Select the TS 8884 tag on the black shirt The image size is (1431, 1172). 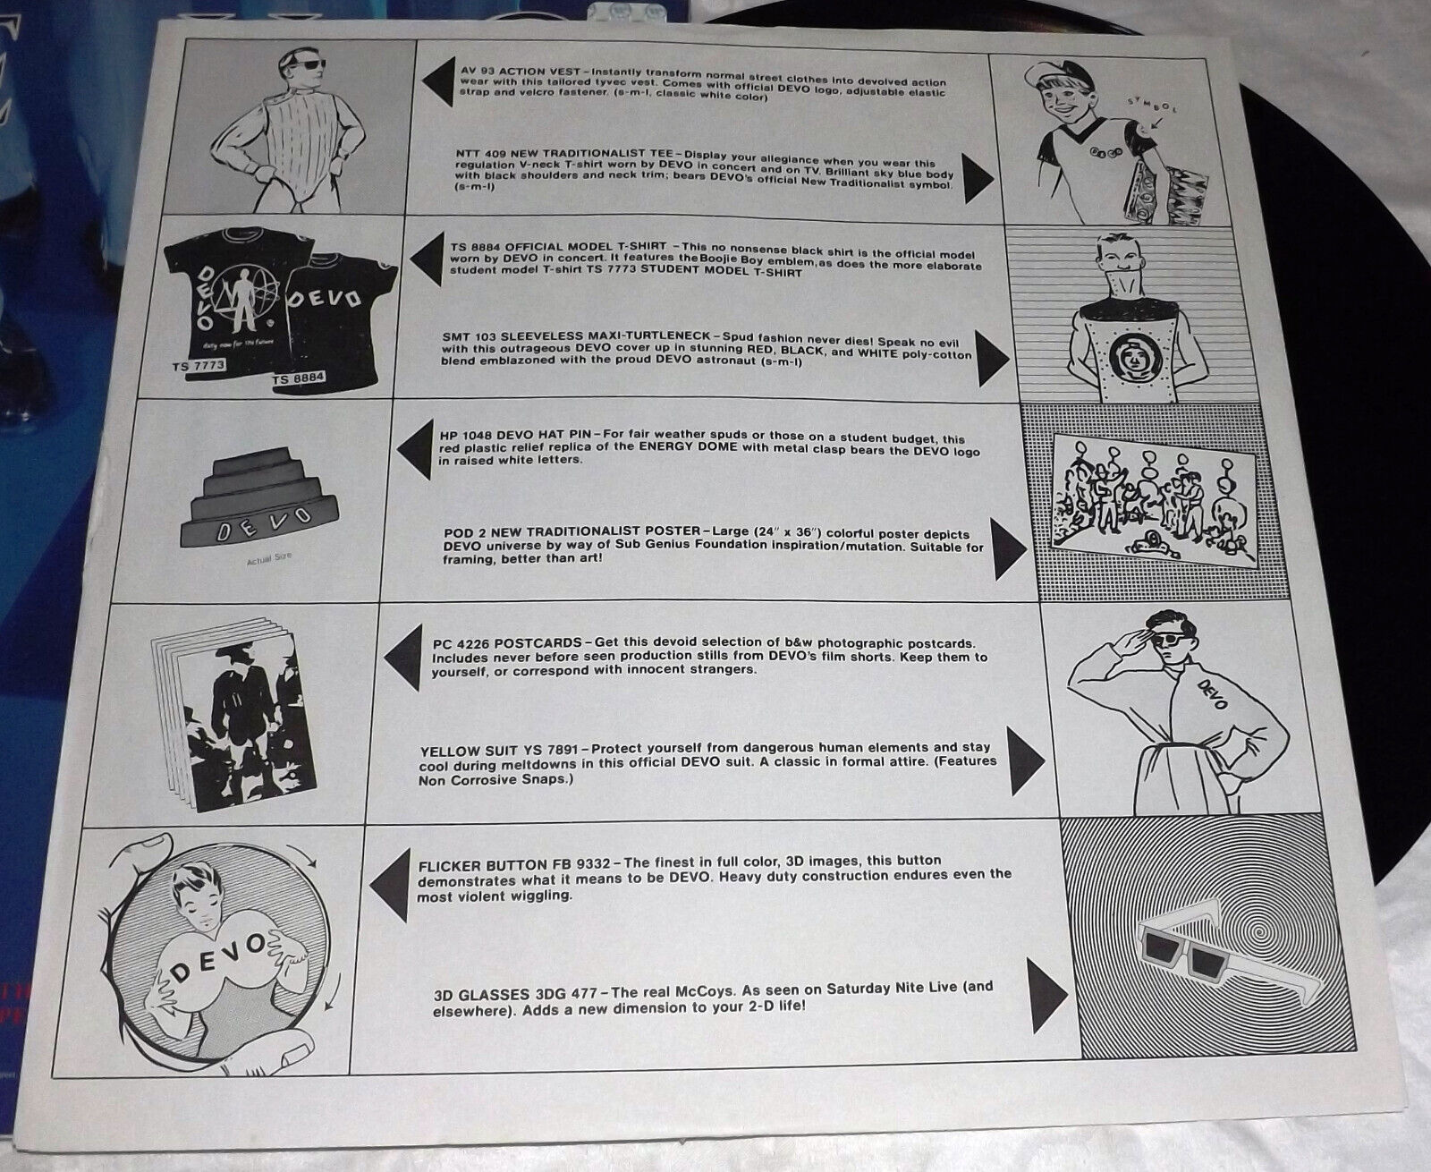(x=300, y=378)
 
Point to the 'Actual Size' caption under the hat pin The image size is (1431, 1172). (x=269, y=558)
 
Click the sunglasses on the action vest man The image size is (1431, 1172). (x=309, y=64)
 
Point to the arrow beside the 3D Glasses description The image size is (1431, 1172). (x=1048, y=996)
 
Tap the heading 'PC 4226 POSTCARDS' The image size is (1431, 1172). (x=507, y=642)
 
